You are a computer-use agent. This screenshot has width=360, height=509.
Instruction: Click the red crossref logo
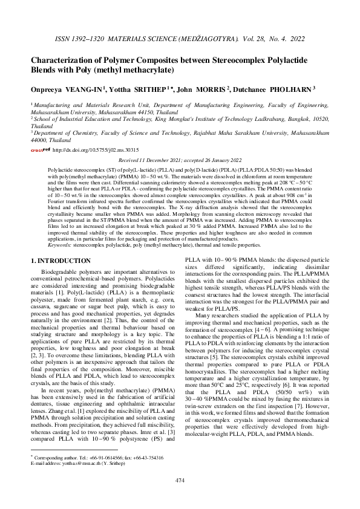pos(41,149)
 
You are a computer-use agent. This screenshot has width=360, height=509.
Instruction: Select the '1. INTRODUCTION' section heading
pos(61,261)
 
